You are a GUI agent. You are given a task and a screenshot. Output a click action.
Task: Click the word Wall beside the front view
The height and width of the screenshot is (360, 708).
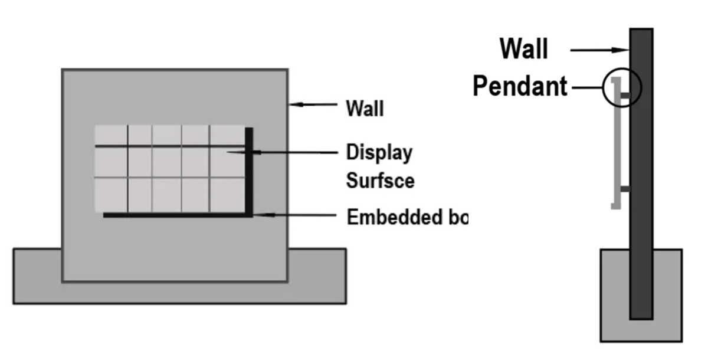coord(365,108)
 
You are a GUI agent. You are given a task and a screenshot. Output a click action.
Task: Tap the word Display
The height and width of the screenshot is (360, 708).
coord(378,152)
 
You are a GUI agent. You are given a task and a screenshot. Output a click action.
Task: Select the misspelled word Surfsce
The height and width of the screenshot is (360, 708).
coord(380,180)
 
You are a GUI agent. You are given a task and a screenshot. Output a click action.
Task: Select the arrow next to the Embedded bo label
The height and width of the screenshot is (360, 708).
coord(295,215)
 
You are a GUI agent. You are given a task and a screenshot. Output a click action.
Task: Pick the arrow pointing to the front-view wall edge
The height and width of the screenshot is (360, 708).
coord(313,106)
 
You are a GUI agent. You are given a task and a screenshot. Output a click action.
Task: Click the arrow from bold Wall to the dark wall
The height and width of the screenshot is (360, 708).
coord(599,51)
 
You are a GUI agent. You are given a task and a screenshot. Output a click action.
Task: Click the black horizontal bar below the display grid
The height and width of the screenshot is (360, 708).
coord(177,215)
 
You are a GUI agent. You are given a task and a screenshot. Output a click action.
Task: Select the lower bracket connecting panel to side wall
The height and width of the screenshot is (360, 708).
coord(624,189)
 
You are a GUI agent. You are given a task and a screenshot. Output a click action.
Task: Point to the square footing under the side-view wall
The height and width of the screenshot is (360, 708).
coord(614,295)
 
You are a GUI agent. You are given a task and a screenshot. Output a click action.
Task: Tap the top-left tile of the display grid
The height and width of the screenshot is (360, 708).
coord(111,135)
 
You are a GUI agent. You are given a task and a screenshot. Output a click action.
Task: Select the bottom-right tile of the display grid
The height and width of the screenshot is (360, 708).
coord(226,194)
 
